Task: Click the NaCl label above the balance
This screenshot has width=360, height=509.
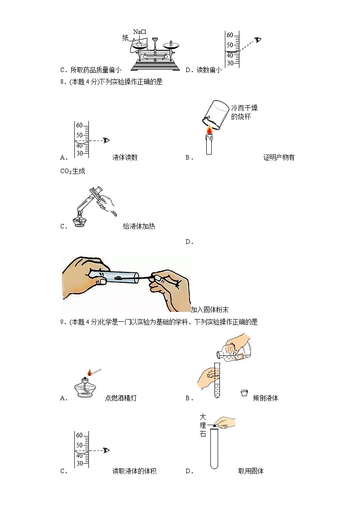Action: coord(140,32)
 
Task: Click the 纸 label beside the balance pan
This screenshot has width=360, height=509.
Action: coord(126,38)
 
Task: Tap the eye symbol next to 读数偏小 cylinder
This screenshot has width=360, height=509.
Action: coord(258,40)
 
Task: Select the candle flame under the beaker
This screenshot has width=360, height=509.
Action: coord(209,131)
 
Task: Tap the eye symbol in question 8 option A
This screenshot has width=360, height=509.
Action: coord(107,140)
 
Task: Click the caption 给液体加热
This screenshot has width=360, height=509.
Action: coord(139,226)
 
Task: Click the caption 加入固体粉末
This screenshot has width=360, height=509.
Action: coord(209,310)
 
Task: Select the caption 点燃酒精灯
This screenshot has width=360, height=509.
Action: coord(121,398)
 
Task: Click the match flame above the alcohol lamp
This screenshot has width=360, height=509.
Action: coord(90,373)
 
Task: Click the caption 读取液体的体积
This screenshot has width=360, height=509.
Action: coord(134,471)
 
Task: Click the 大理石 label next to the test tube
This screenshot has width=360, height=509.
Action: coord(203,425)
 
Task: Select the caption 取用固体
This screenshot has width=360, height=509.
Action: coord(251,471)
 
